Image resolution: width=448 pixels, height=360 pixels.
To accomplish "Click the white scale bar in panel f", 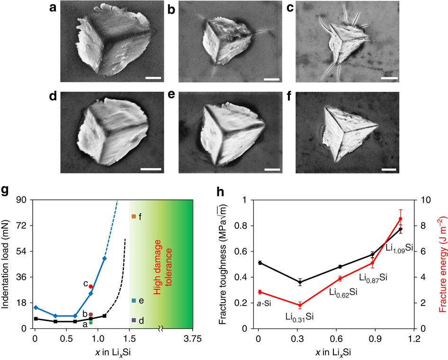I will point(387,168).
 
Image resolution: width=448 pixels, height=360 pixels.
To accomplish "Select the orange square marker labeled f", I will point(134,216).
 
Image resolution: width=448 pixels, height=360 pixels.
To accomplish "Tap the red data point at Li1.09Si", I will point(400,219).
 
